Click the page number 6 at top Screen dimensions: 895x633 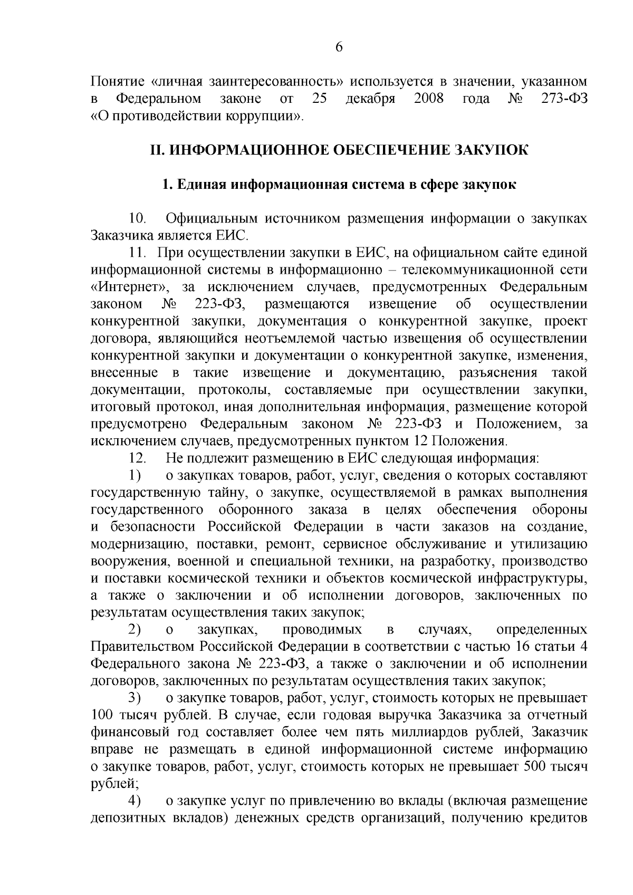(x=339, y=47)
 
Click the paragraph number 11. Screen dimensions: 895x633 (x=138, y=253)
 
